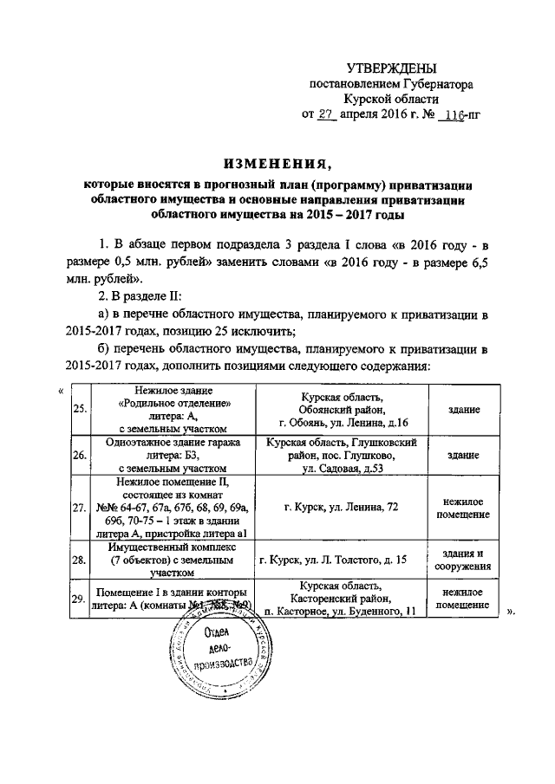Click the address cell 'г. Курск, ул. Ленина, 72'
coord(336,508)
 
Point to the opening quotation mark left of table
coord(60,389)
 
